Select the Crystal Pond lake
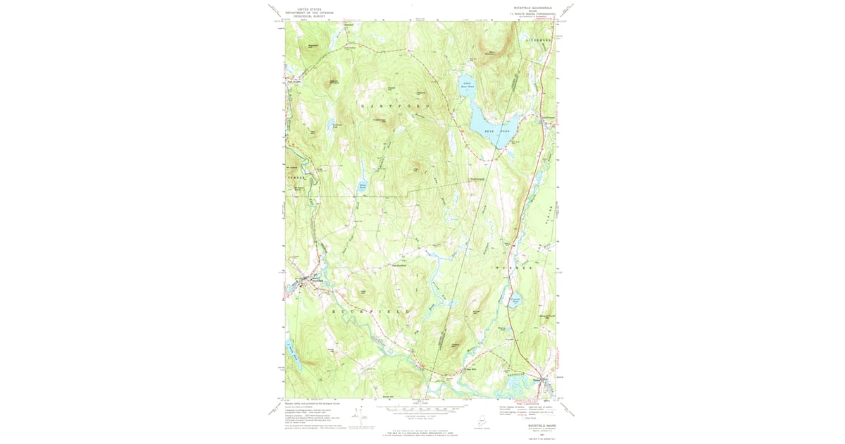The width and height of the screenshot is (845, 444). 515,302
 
